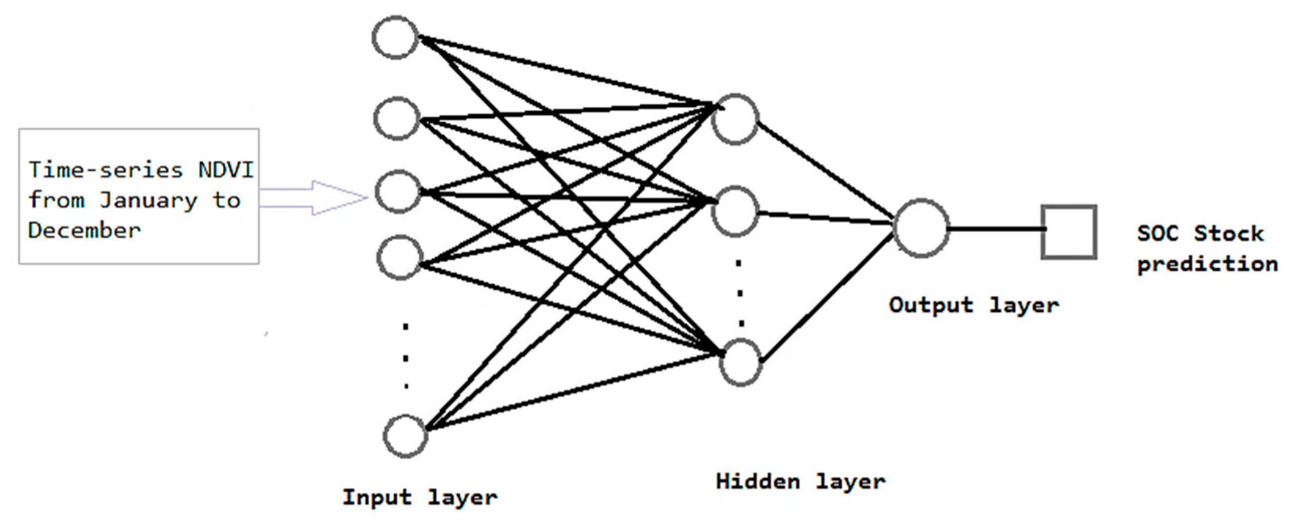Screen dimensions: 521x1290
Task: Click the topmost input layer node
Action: pos(396,38)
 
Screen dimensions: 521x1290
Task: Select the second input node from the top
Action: pos(396,119)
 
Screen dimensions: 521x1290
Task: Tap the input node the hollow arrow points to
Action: pos(398,192)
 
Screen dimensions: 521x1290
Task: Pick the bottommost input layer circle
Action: pos(405,436)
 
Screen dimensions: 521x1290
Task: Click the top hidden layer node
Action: pos(735,120)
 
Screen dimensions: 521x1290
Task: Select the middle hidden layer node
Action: pos(735,212)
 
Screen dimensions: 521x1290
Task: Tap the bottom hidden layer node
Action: pos(740,363)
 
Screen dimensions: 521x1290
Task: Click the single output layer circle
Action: pos(921,229)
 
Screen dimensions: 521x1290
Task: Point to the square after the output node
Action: pos(1068,232)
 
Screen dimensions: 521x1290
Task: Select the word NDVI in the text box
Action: pos(226,170)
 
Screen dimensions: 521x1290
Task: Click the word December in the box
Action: pos(84,231)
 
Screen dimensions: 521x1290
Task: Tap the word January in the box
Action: pos(148,200)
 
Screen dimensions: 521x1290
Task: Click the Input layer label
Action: pos(420,497)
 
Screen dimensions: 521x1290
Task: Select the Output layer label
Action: pos(974,305)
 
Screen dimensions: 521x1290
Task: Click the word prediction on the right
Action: pos(1208,264)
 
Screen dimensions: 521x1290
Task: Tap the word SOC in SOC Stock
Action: pos(1157,234)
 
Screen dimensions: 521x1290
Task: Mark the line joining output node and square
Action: pos(996,229)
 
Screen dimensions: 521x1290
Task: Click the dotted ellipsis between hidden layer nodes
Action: pos(739,294)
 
